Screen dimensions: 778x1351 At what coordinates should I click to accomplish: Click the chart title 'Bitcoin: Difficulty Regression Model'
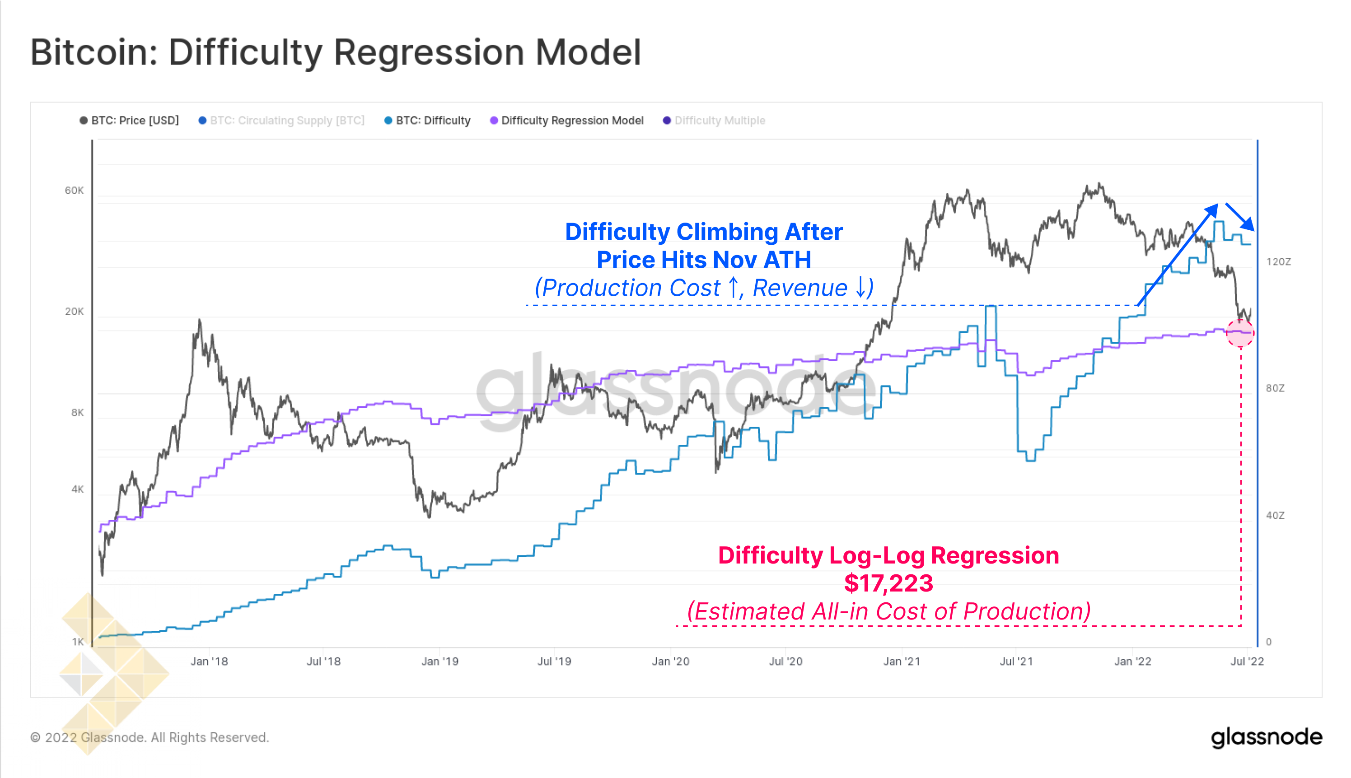point(335,52)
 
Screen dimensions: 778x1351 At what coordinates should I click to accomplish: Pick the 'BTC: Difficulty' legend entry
point(428,120)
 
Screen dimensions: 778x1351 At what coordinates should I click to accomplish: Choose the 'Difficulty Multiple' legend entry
point(715,120)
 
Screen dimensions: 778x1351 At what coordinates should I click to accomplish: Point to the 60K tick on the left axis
point(74,190)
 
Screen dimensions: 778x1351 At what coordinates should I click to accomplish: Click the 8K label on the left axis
point(78,413)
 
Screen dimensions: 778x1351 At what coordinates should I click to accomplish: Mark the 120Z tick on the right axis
point(1278,262)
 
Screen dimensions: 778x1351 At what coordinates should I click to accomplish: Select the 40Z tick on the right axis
point(1275,516)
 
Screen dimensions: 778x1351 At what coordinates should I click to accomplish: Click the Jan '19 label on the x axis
point(440,662)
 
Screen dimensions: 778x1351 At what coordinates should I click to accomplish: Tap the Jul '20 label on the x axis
point(785,662)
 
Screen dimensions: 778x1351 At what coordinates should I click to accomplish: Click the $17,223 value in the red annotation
point(888,583)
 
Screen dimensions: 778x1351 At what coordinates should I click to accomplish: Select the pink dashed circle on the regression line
point(1240,333)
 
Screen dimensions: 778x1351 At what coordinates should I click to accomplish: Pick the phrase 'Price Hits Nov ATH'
point(704,260)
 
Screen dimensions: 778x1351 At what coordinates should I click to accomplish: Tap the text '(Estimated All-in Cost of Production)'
point(888,611)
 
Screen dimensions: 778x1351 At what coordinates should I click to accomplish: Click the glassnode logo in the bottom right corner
point(1266,737)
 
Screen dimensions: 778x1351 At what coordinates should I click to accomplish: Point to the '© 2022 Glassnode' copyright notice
point(150,737)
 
